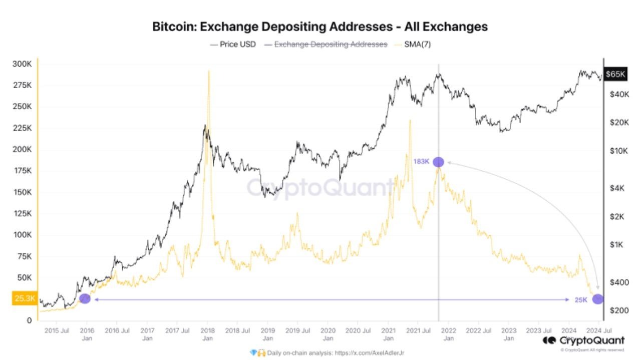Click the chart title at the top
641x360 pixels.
320,27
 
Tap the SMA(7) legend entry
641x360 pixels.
419,44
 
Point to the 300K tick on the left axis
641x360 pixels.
22,64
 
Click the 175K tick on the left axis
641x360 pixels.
22,171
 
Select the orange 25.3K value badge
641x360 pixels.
24,299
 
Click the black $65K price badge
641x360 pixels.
615,74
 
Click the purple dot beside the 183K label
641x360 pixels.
438,162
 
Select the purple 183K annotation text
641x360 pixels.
421,162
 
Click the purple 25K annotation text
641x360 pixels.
580,299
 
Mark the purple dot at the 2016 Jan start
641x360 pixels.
85,298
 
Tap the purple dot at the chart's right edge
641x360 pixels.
597,299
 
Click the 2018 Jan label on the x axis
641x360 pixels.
207,334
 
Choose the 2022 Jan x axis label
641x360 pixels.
448,334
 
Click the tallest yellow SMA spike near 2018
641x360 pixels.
208,72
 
